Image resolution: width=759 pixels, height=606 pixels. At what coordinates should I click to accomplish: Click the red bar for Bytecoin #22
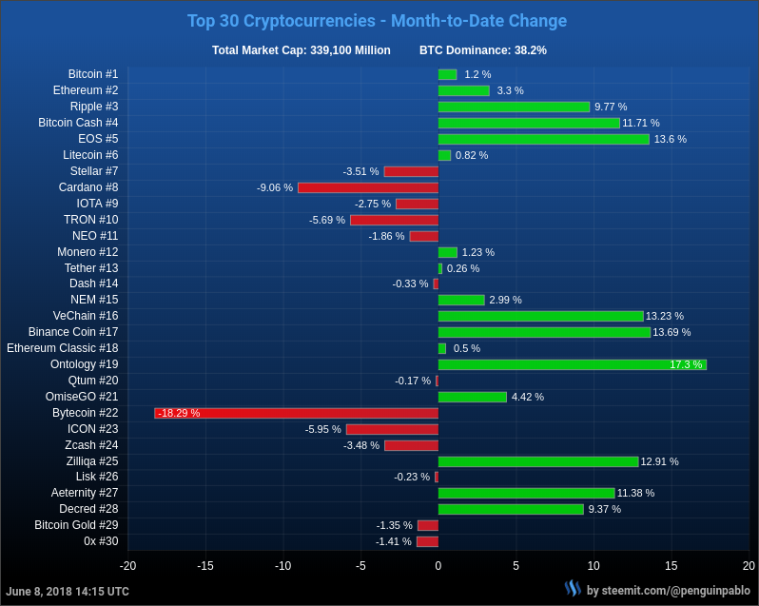coord(296,413)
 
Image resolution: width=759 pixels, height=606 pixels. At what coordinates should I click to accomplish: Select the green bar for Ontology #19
coord(572,364)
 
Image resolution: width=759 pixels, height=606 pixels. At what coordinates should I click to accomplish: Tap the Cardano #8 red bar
coord(368,187)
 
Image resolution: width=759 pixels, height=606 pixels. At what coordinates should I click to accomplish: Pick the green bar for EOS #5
coord(543,139)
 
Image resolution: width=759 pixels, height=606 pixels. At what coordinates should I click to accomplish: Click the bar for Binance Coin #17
coord(544,332)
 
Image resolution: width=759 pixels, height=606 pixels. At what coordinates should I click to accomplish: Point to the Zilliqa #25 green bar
coord(538,461)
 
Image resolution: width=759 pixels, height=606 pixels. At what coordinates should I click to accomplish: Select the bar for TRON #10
coord(394,220)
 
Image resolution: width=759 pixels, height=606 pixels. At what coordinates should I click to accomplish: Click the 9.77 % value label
coord(611,107)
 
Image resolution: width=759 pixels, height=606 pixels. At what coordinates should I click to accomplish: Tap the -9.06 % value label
coord(275,187)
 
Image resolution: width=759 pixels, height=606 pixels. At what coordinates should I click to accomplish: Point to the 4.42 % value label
coord(528,397)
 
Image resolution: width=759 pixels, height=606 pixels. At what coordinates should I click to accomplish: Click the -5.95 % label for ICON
coord(322,429)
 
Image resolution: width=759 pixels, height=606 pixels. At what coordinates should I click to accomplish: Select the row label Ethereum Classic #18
coord(63,348)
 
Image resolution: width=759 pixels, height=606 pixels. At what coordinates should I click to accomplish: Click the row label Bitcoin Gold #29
coord(76,525)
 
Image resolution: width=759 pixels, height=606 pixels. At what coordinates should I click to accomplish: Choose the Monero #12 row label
coord(88,252)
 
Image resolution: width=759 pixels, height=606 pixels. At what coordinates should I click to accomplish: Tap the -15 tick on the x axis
coord(205,566)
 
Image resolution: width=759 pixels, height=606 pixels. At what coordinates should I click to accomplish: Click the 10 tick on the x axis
coord(594,566)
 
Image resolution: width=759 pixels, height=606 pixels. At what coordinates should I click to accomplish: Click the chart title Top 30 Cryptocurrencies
coord(377,21)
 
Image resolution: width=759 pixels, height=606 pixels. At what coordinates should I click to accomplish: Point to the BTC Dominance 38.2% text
coord(483,50)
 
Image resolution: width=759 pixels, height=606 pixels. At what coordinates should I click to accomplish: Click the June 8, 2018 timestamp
coord(68,592)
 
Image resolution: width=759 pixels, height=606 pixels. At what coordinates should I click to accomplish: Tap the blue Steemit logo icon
coord(573,589)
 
